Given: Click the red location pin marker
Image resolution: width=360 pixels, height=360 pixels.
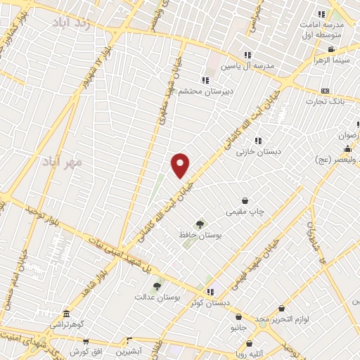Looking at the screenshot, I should coord(181,165).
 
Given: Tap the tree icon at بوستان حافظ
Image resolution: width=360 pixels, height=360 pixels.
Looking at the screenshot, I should coord(200,224).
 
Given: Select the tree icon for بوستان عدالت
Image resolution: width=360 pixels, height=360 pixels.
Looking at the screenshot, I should coord(157,286).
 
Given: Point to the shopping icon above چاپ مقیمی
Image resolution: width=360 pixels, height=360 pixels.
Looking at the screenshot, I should coord(245,200).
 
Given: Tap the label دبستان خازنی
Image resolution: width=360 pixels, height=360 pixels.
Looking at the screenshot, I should coord(257,150).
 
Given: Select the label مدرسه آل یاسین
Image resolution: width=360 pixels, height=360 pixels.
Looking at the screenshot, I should coord(247,65).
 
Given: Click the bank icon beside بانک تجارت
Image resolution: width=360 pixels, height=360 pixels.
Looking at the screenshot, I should coord(324,91).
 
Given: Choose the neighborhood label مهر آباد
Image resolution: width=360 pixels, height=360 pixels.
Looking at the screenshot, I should coord(68,162).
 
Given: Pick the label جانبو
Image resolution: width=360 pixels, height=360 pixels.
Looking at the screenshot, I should coord(240,328).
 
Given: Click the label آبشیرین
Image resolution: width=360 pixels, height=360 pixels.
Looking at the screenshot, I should coord(129,350).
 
